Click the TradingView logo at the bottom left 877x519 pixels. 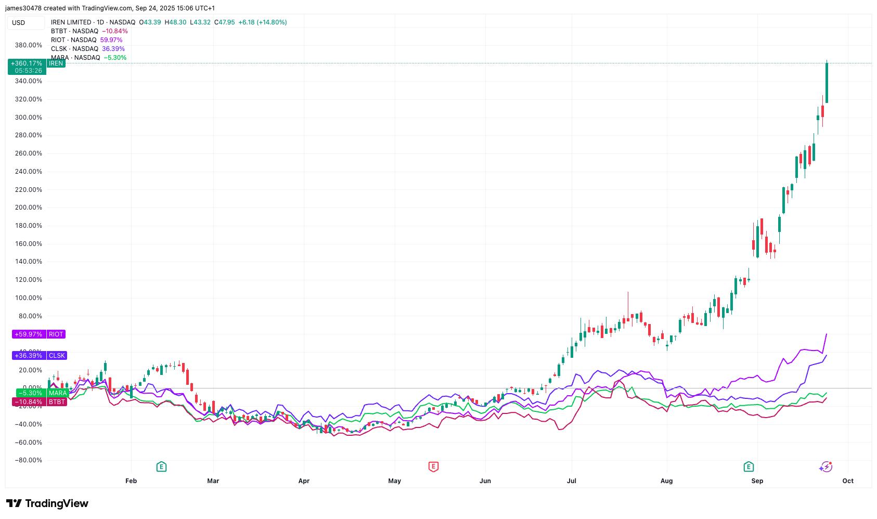(x=47, y=503)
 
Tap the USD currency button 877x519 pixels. (x=19, y=22)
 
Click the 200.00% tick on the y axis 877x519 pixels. (x=29, y=207)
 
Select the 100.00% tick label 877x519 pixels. (x=29, y=298)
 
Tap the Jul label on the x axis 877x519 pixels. (x=572, y=481)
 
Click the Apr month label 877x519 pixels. (x=304, y=481)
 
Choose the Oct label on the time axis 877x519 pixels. (x=848, y=481)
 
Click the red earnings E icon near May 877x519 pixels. (x=433, y=467)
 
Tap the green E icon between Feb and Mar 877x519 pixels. (x=161, y=467)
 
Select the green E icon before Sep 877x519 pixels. (x=749, y=467)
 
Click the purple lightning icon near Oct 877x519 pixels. (x=826, y=467)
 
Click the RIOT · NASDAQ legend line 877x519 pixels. (x=73, y=40)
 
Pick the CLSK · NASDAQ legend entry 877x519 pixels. (x=74, y=49)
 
